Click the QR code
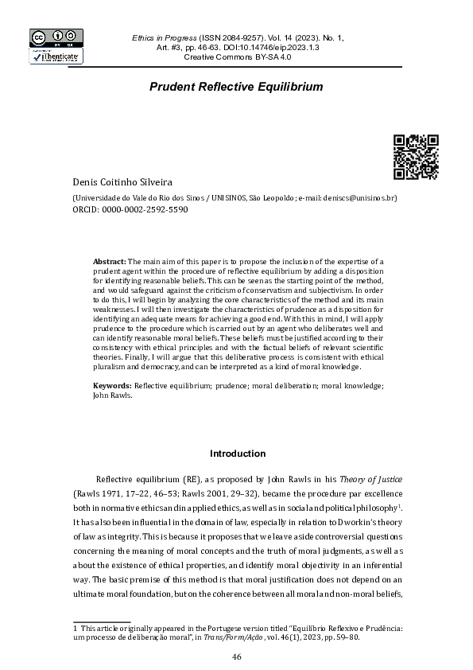click(x=416, y=156)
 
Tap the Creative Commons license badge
click(x=55, y=37)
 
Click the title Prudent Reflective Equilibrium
click(x=235, y=85)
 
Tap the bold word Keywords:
click(x=112, y=385)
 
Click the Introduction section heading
click(x=237, y=454)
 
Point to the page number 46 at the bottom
click(x=236, y=656)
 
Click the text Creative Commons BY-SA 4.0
click(x=238, y=58)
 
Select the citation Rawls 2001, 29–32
click(x=204, y=494)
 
